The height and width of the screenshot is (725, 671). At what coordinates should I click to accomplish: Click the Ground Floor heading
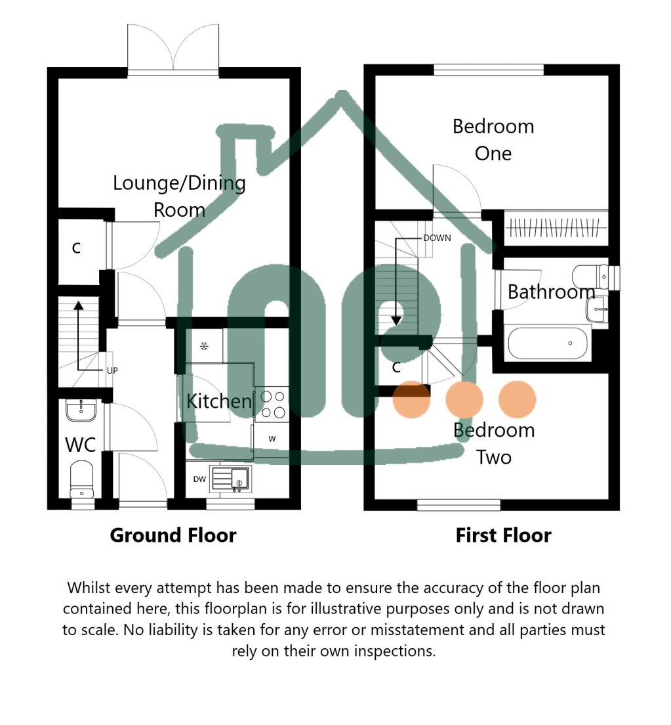173,535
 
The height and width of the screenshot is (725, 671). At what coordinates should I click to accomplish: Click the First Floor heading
503,535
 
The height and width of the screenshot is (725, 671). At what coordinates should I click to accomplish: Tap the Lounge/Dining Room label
179,196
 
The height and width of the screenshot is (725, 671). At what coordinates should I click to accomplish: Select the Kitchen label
219,401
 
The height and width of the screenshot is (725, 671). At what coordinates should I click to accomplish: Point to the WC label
81,445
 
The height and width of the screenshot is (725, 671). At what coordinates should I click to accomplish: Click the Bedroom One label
493,139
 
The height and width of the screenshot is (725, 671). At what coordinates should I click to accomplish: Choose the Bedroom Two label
494,443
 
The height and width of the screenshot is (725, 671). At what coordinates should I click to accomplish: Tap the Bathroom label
551,291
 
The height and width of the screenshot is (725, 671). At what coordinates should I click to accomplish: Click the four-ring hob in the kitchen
272,404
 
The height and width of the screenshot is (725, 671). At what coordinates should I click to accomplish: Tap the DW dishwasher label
199,479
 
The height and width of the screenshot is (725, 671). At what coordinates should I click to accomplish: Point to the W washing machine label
272,438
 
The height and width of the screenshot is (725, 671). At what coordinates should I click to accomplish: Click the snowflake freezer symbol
204,346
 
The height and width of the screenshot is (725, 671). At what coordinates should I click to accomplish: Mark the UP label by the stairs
112,370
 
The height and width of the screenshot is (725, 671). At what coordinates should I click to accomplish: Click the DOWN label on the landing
437,238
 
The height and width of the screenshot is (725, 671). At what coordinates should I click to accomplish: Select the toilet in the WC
82,478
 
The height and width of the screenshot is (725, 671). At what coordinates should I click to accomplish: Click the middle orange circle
464,399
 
